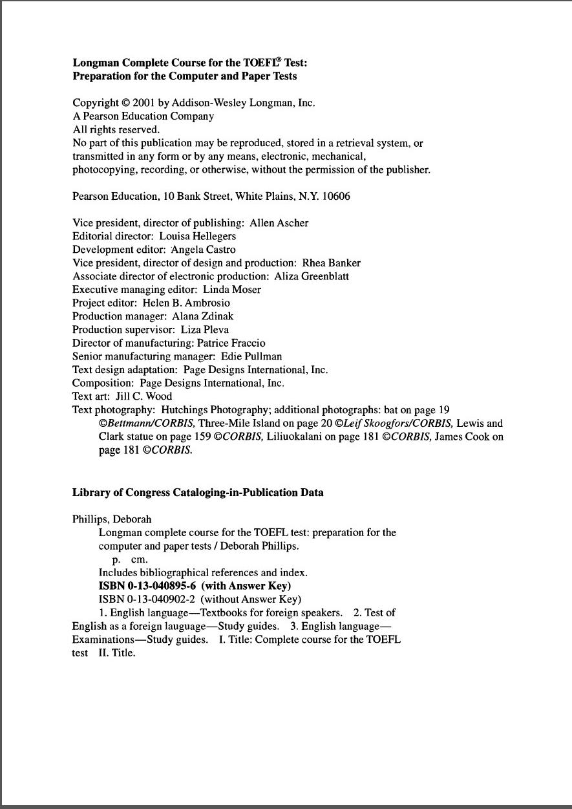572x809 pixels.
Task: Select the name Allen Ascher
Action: point(279,223)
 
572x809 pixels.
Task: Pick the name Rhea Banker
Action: point(331,263)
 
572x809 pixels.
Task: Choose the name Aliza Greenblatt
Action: point(312,276)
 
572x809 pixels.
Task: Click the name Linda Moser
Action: point(232,290)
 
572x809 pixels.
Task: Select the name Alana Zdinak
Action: point(202,316)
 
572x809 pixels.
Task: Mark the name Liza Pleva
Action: point(204,330)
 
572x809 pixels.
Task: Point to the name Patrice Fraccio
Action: point(235,343)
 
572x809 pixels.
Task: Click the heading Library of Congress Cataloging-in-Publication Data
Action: point(198,493)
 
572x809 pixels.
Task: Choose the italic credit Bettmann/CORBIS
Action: point(151,424)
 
